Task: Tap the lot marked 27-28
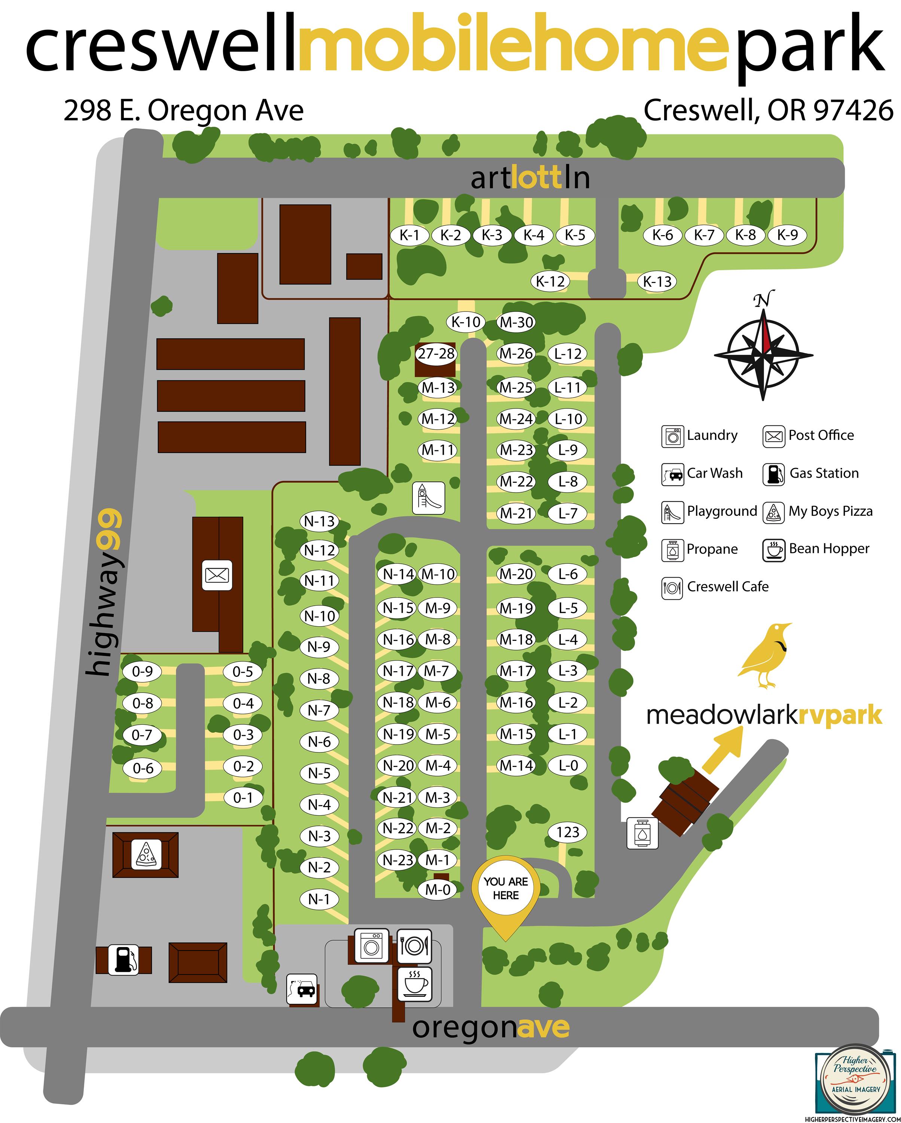click(436, 354)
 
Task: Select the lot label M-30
click(516, 322)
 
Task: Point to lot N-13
click(319, 521)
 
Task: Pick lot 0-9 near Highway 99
click(142, 672)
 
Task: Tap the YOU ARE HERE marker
click(506, 888)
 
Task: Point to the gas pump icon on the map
click(124, 959)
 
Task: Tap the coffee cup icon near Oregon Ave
click(414, 983)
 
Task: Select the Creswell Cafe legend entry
click(715, 587)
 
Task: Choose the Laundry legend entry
click(700, 435)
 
